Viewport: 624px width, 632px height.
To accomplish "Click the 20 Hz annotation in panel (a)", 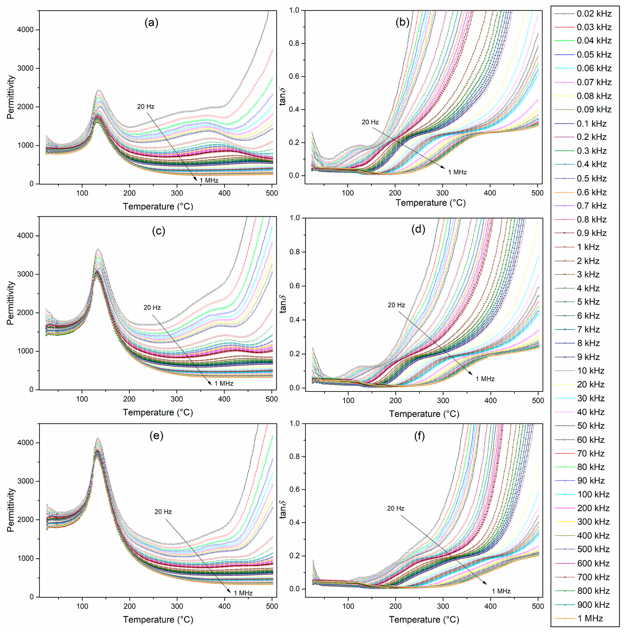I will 146,106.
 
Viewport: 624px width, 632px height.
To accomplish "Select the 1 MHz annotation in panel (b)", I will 457,172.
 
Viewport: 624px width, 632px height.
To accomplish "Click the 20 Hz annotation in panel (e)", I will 163,512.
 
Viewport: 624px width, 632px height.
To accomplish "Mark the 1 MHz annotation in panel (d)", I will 485,379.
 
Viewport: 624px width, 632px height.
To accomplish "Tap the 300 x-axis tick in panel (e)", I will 177,606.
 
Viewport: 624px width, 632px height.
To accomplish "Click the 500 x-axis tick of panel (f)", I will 538,606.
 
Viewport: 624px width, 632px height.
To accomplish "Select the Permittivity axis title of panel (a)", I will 11,97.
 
